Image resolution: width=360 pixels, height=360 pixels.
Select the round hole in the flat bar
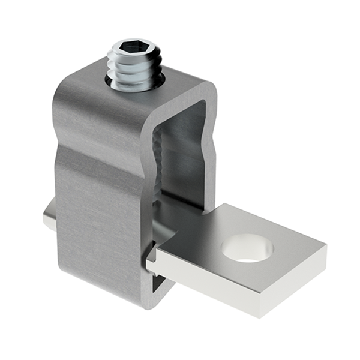click(247, 248)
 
